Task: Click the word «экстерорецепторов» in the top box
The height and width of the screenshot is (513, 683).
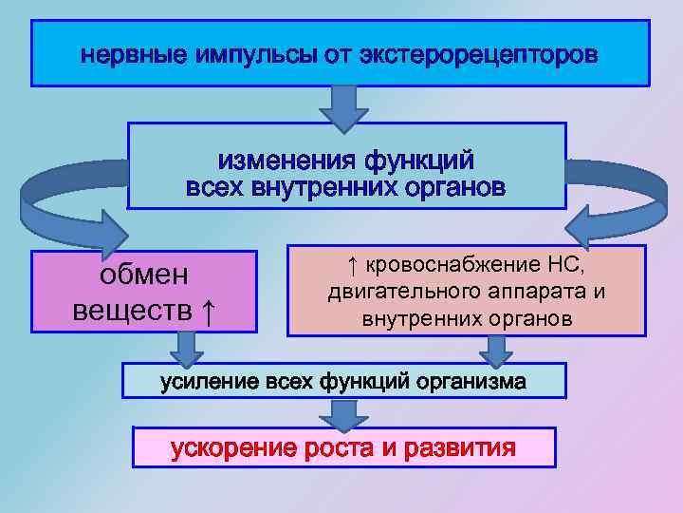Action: [479, 54]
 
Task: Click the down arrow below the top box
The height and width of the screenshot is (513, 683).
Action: [342, 106]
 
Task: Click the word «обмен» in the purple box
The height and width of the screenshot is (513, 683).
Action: [144, 275]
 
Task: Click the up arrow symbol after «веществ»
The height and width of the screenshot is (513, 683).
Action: [209, 310]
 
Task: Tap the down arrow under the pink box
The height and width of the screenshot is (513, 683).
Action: [494, 351]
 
